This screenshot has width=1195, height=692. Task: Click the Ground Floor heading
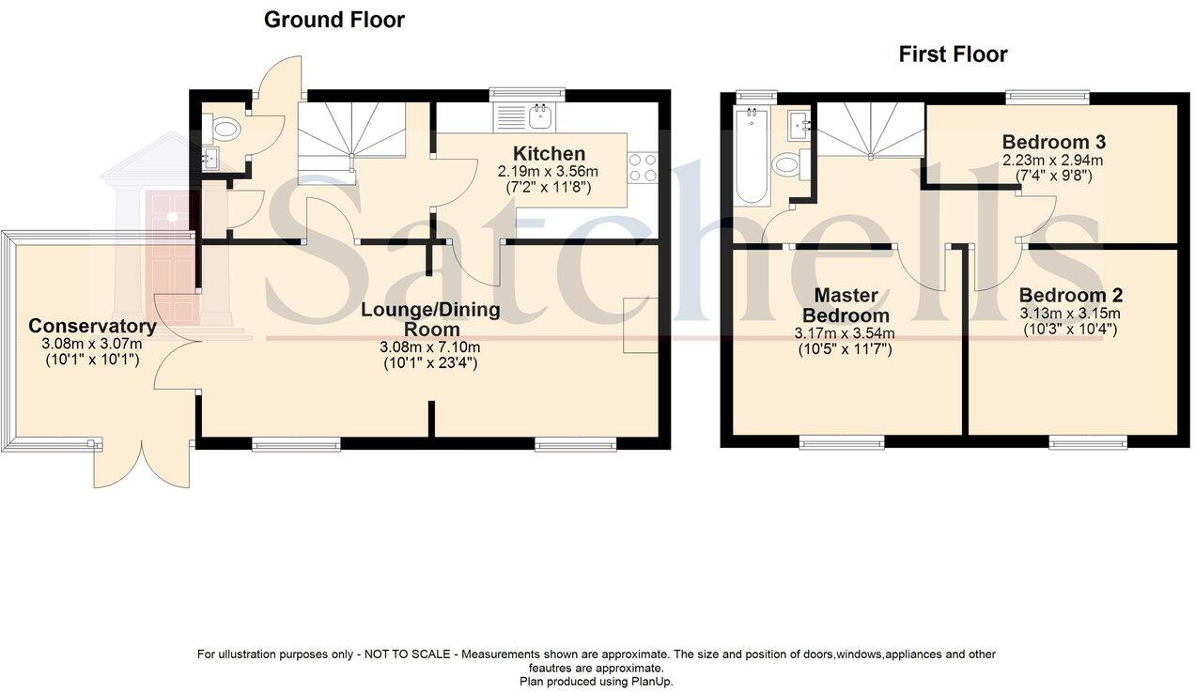point(334,20)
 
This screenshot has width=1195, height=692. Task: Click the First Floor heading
point(953,54)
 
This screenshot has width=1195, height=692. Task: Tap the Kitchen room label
point(549,154)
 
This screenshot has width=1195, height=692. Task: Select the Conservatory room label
point(92,327)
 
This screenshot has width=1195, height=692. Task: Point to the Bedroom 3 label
point(1052,143)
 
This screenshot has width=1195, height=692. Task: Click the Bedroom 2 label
point(1070,295)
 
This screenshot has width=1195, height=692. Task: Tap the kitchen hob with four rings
point(643,167)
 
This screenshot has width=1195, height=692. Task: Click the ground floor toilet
point(225,129)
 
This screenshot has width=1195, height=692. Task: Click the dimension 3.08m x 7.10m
point(431,347)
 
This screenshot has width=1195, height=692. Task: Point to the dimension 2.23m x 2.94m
point(1052,160)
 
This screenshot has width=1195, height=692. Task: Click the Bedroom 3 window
point(1048,95)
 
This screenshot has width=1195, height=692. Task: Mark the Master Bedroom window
point(841,442)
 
